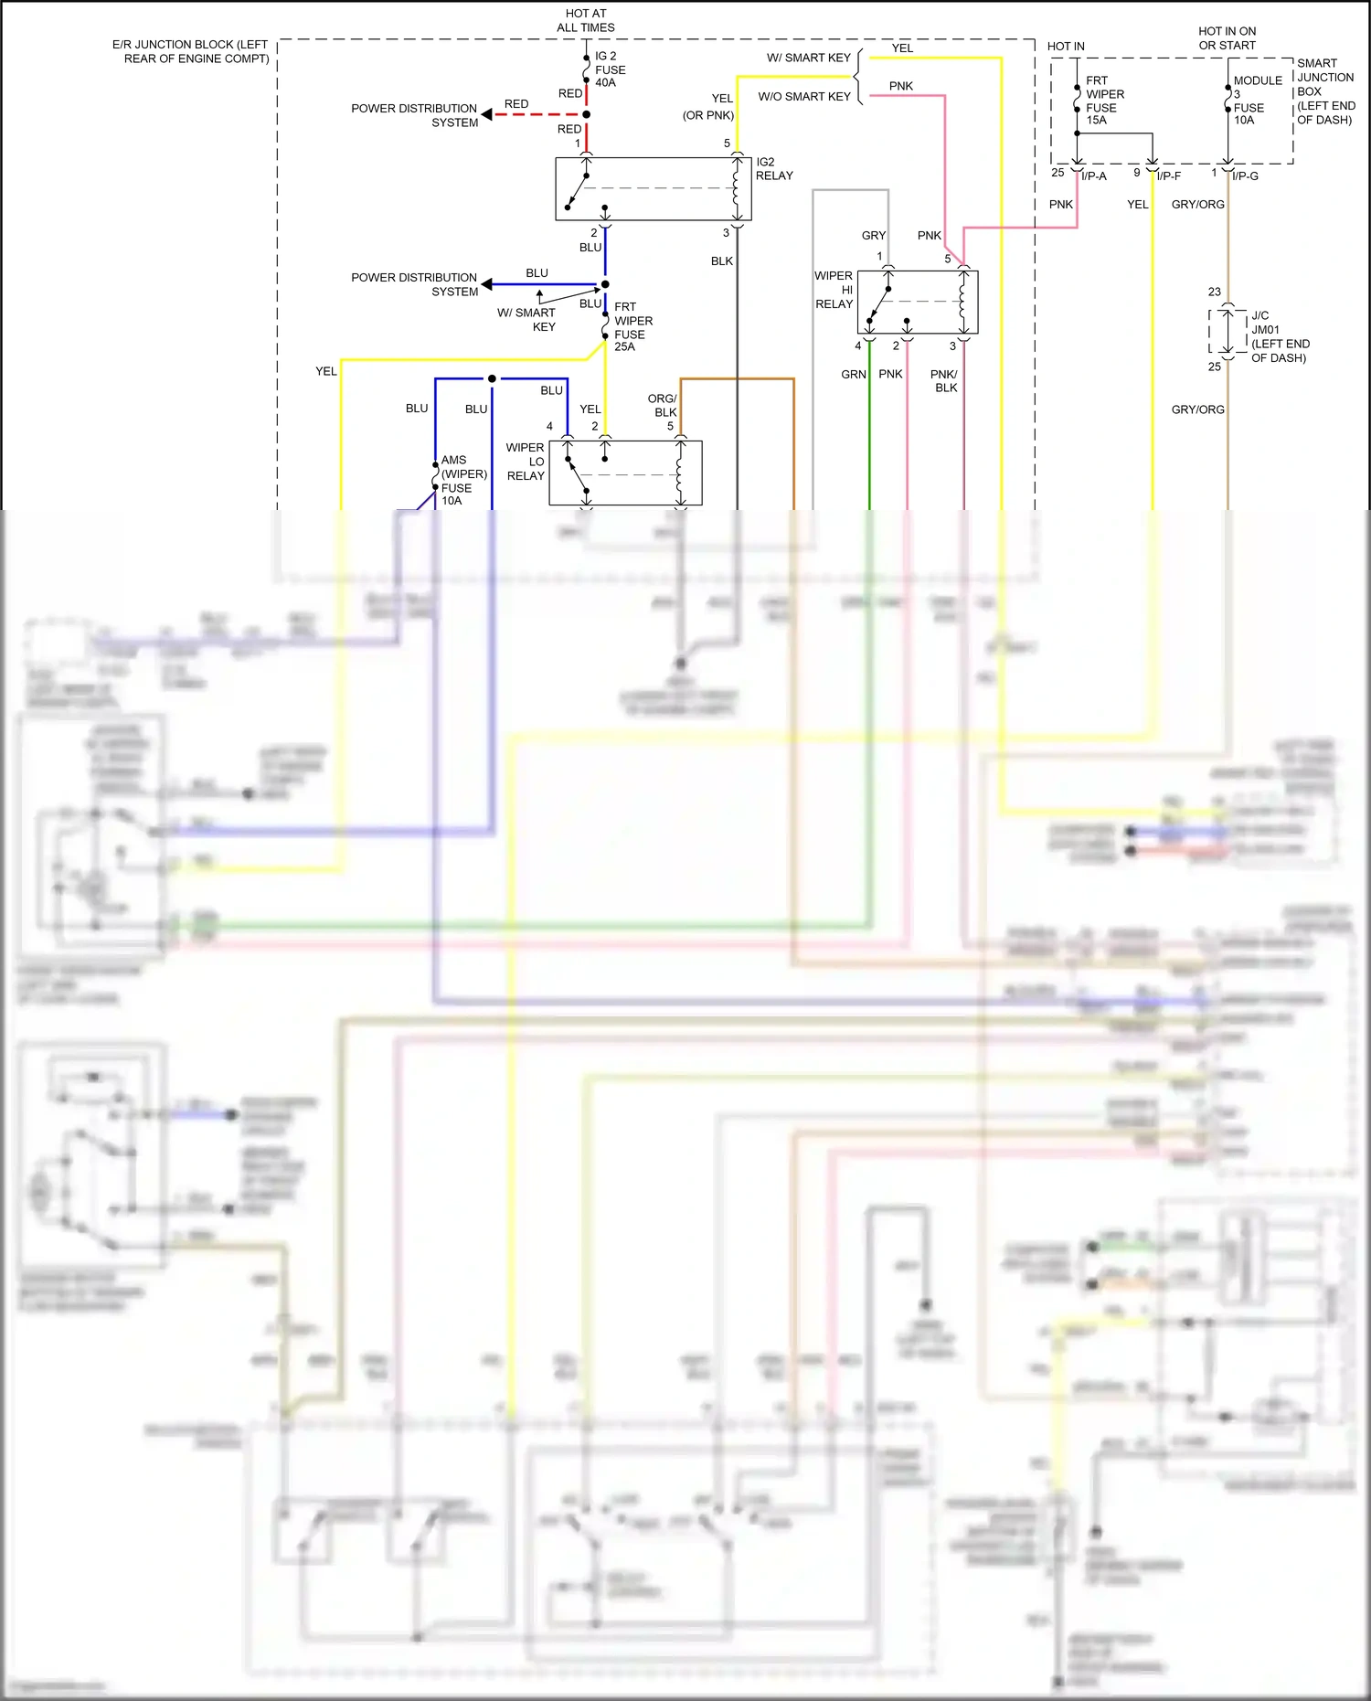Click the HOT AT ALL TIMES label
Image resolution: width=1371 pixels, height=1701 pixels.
585,20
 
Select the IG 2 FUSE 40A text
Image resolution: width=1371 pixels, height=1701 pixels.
610,69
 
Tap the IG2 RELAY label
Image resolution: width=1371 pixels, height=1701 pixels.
773,169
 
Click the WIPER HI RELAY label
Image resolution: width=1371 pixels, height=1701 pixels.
834,290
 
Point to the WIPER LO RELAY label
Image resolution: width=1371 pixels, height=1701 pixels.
526,462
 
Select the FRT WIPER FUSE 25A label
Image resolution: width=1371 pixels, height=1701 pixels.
632,327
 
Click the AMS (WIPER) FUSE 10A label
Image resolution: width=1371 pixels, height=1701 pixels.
463,481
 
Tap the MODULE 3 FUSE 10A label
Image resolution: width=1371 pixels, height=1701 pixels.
1256,101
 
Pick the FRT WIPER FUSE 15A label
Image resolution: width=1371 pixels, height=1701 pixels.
1104,101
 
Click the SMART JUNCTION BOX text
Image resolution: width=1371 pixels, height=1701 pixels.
1324,91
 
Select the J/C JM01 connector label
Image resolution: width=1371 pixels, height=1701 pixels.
1278,336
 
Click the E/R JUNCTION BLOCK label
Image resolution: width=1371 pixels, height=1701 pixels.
191,51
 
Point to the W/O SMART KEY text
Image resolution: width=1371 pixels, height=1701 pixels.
804,97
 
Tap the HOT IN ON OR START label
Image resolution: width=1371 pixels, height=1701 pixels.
1227,38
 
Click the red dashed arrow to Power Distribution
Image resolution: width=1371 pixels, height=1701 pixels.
530,114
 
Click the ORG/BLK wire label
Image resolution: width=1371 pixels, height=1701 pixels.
662,405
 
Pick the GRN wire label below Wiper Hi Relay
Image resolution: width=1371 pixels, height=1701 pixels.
853,375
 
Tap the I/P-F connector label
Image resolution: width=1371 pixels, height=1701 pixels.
1168,176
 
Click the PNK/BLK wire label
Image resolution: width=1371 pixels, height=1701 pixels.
944,381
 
